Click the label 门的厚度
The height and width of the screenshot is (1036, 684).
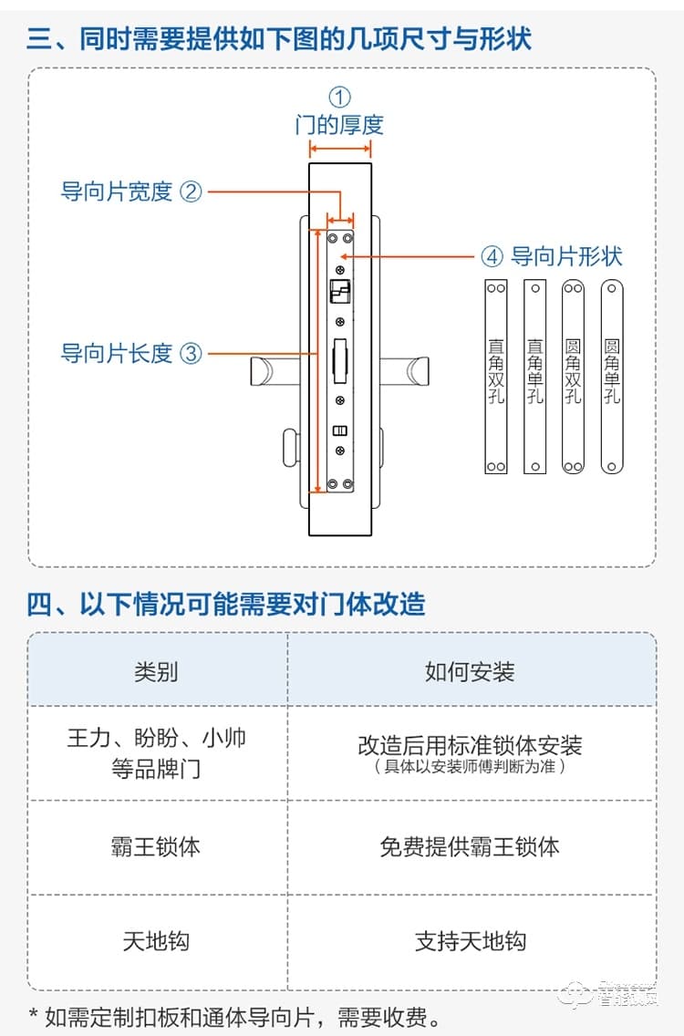339,125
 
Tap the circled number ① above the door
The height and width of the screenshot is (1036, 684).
339,97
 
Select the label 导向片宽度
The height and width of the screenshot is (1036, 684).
117,192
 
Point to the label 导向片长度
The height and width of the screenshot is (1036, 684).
117,353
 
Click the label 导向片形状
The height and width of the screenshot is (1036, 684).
565,256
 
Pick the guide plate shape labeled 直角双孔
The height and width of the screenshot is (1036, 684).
495,376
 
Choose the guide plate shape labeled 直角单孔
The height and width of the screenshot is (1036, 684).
534,376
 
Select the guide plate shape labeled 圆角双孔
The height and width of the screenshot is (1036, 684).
573,376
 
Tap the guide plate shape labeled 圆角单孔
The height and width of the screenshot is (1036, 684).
612,376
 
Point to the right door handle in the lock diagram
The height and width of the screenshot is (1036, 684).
405,371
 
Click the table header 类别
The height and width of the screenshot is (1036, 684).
156,672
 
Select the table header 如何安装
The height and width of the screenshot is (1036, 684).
470,672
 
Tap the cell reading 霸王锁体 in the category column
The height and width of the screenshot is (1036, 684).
156,846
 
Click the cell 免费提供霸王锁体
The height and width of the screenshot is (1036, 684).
470,846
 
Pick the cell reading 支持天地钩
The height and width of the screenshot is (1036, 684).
470,941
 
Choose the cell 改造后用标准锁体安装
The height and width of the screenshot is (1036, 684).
470,745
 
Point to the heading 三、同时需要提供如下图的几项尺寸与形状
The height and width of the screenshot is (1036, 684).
279,39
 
